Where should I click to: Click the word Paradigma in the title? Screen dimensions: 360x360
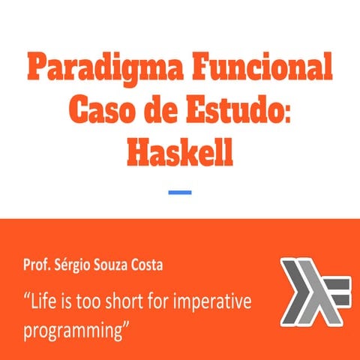pyautogui.click(x=101, y=70)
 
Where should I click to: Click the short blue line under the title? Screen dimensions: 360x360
pyautogui.click(x=179, y=193)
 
